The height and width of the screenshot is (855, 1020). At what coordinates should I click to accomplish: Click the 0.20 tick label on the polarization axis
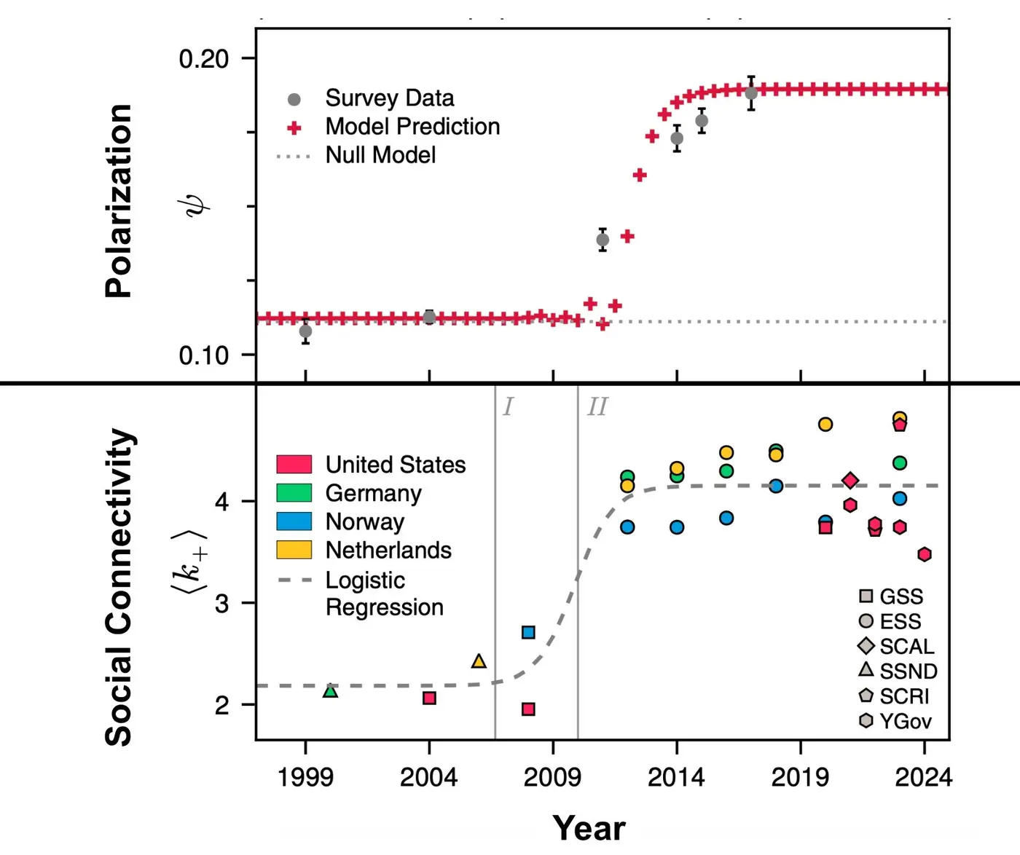(x=203, y=59)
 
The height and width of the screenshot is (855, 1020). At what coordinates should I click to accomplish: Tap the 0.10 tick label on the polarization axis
(x=203, y=355)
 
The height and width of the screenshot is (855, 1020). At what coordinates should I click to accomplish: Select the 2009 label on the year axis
(x=552, y=777)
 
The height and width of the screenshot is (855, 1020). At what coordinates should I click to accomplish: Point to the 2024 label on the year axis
(x=923, y=777)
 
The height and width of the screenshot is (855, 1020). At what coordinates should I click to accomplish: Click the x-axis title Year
(x=589, y=828)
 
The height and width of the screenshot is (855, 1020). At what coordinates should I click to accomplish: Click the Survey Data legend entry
(x=389, y=98)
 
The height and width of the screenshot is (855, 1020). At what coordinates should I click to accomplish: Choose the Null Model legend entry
(x=380, y=155)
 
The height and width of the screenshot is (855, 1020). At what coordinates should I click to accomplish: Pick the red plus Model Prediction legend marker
(x=294, y=128)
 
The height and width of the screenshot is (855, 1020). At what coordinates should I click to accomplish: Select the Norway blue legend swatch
(x=294, y=521)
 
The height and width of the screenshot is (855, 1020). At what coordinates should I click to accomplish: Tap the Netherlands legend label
(x=388, y=550)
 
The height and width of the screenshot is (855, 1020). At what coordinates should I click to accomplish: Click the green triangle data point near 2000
(x=330, y=690)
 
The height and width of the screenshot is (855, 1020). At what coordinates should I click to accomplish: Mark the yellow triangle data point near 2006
(x=479, y=661)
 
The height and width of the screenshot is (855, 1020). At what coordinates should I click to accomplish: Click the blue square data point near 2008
(x=528, y=632)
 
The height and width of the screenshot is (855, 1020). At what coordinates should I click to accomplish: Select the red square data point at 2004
(x=429, y=698)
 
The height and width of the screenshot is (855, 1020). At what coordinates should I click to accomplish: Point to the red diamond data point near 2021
(x=850, y=481)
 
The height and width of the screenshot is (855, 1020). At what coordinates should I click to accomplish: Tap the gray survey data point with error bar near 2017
(x=751, y=93)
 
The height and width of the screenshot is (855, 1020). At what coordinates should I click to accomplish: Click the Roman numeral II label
(x=597, y=406)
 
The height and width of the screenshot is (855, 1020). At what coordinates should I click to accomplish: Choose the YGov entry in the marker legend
(x=905, y=721)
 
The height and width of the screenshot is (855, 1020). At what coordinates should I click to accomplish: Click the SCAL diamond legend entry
(x=906, y=646)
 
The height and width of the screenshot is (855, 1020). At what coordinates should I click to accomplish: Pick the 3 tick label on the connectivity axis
(x=221, y=604)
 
